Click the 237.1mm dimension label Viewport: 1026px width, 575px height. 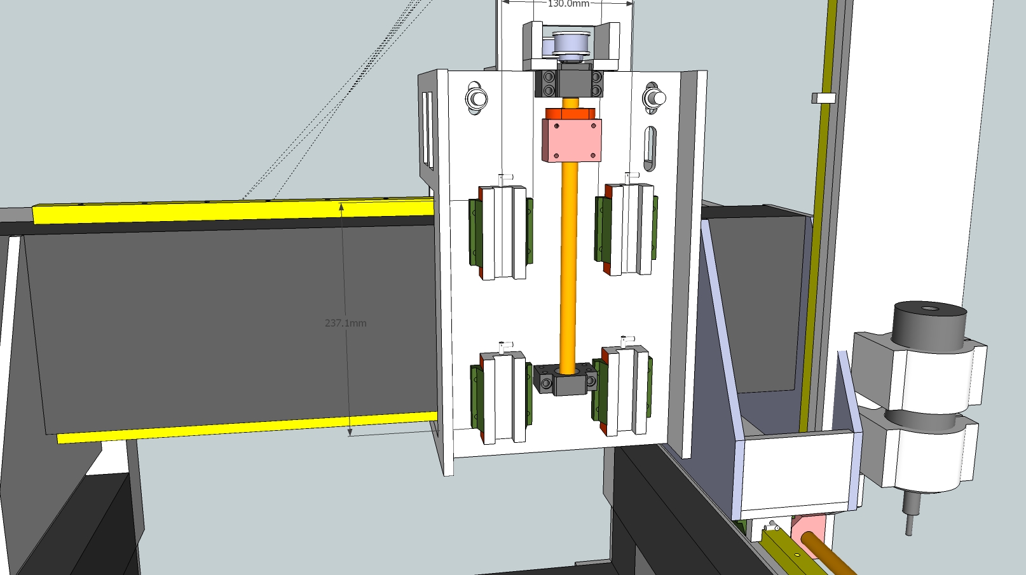coord(345,323)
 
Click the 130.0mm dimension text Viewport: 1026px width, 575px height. coord(568,4)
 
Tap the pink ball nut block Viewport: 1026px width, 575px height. coord(571,140)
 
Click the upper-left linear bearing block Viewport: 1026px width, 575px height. coord(501,232)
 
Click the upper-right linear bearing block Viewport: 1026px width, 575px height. coord(626,229)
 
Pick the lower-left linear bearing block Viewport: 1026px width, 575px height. coord(501,397)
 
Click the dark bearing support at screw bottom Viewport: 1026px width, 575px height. coord(566,379)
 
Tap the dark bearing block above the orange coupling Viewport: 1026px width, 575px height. coord(569,83)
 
